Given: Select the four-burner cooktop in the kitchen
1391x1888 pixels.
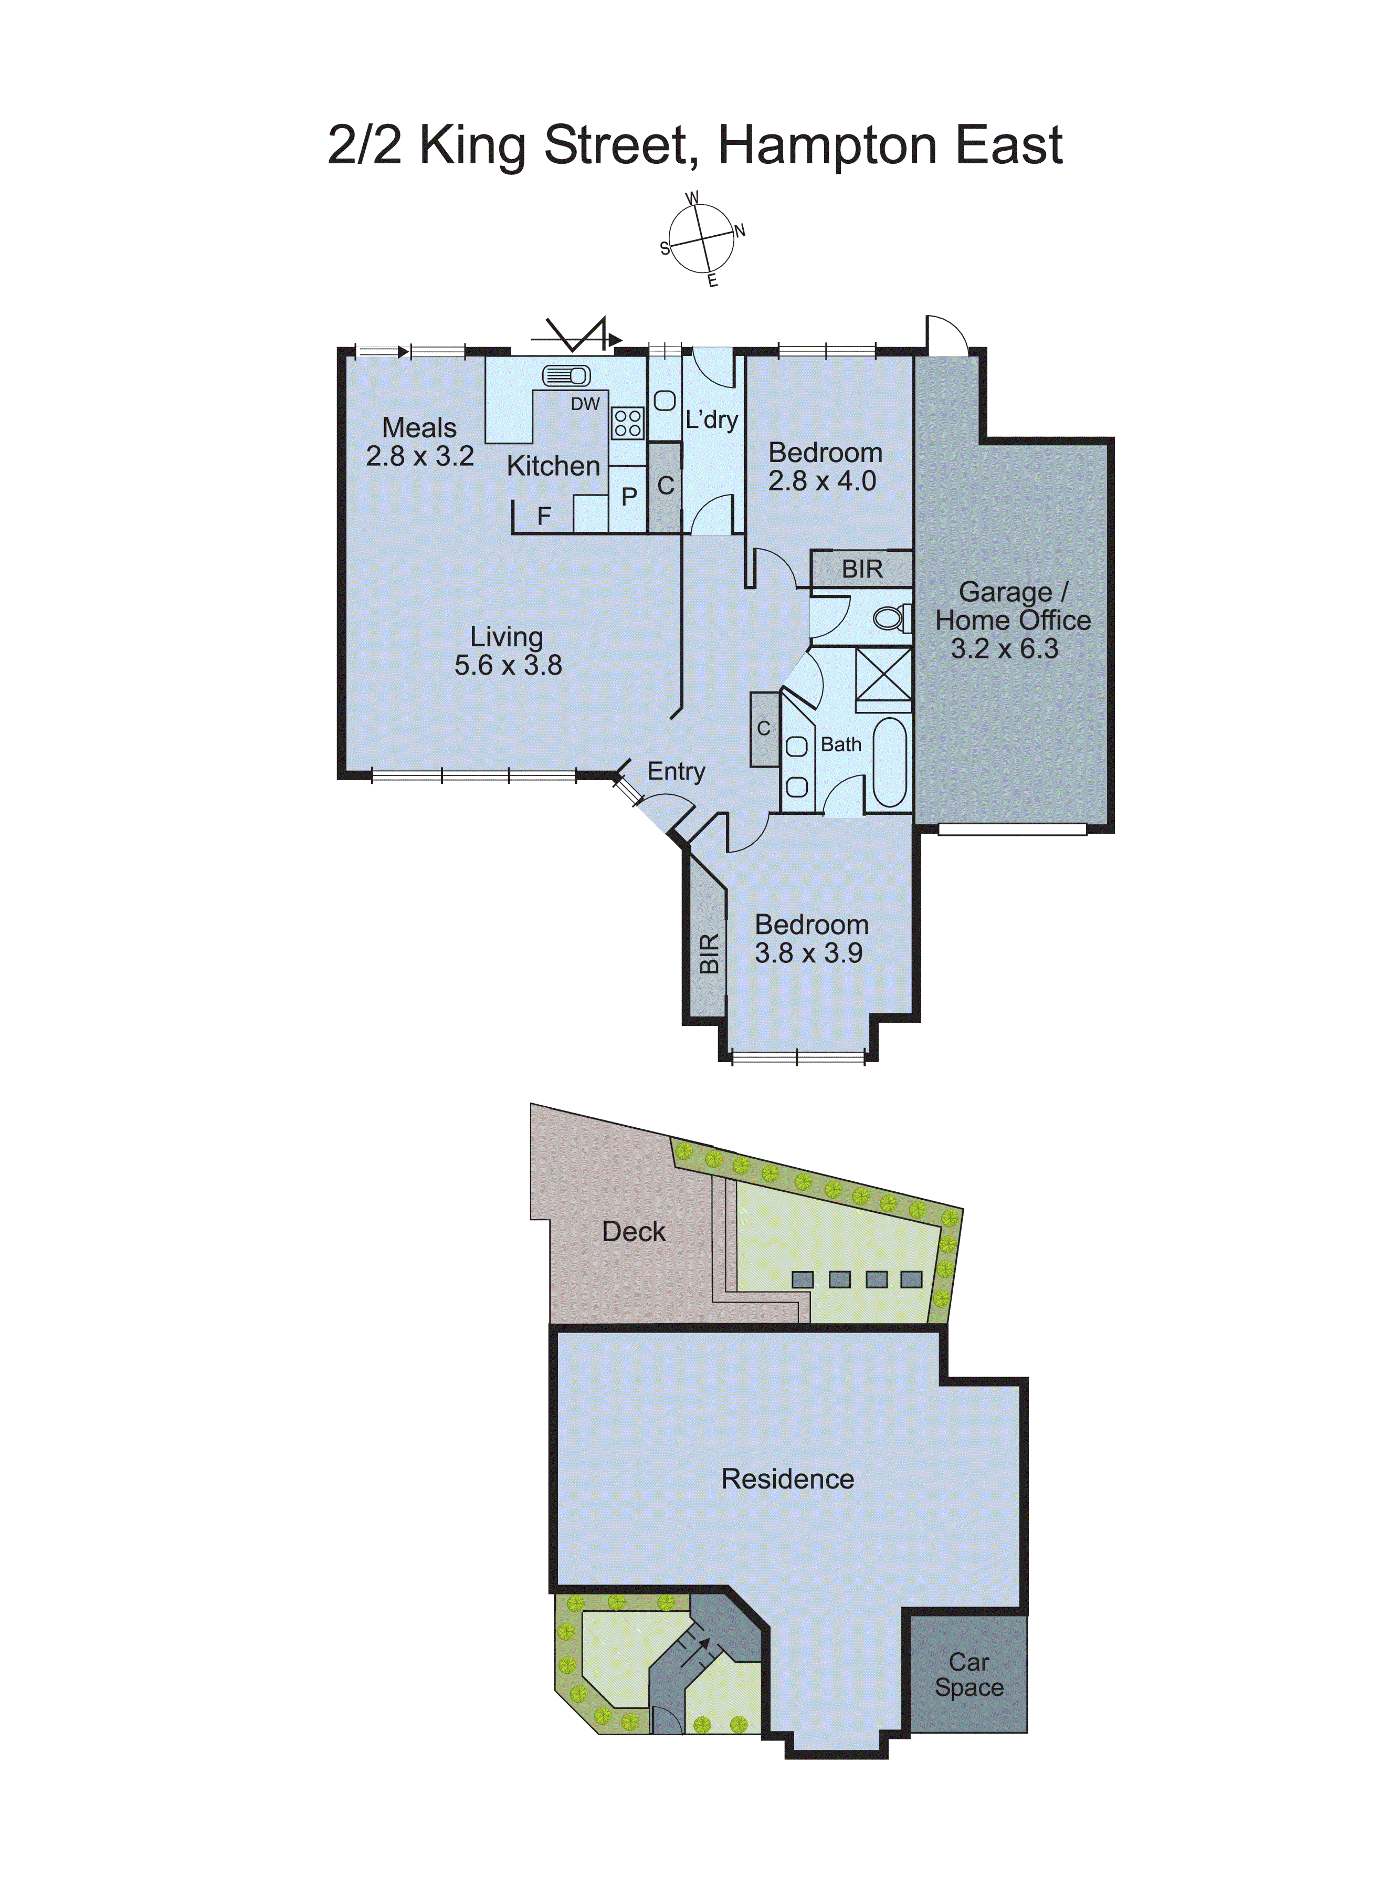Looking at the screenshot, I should click(627, 423).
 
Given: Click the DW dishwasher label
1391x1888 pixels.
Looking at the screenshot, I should click(585, 404).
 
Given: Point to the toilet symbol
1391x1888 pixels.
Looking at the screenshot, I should click(891, 619).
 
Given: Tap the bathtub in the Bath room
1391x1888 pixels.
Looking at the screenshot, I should click(890, 762).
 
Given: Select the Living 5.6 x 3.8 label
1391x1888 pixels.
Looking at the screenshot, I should click(508, 651).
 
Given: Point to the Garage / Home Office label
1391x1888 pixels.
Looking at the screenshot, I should click(1013, 620).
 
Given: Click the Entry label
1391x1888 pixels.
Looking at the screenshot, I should click(676, 771).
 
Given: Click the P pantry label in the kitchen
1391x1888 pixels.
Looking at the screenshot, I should click(629, 497).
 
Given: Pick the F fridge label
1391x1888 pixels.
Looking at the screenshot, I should click(544, 516).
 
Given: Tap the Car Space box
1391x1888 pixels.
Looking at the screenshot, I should click(969, 1675).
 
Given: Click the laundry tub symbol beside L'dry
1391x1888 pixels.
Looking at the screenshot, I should click(665, 401).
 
